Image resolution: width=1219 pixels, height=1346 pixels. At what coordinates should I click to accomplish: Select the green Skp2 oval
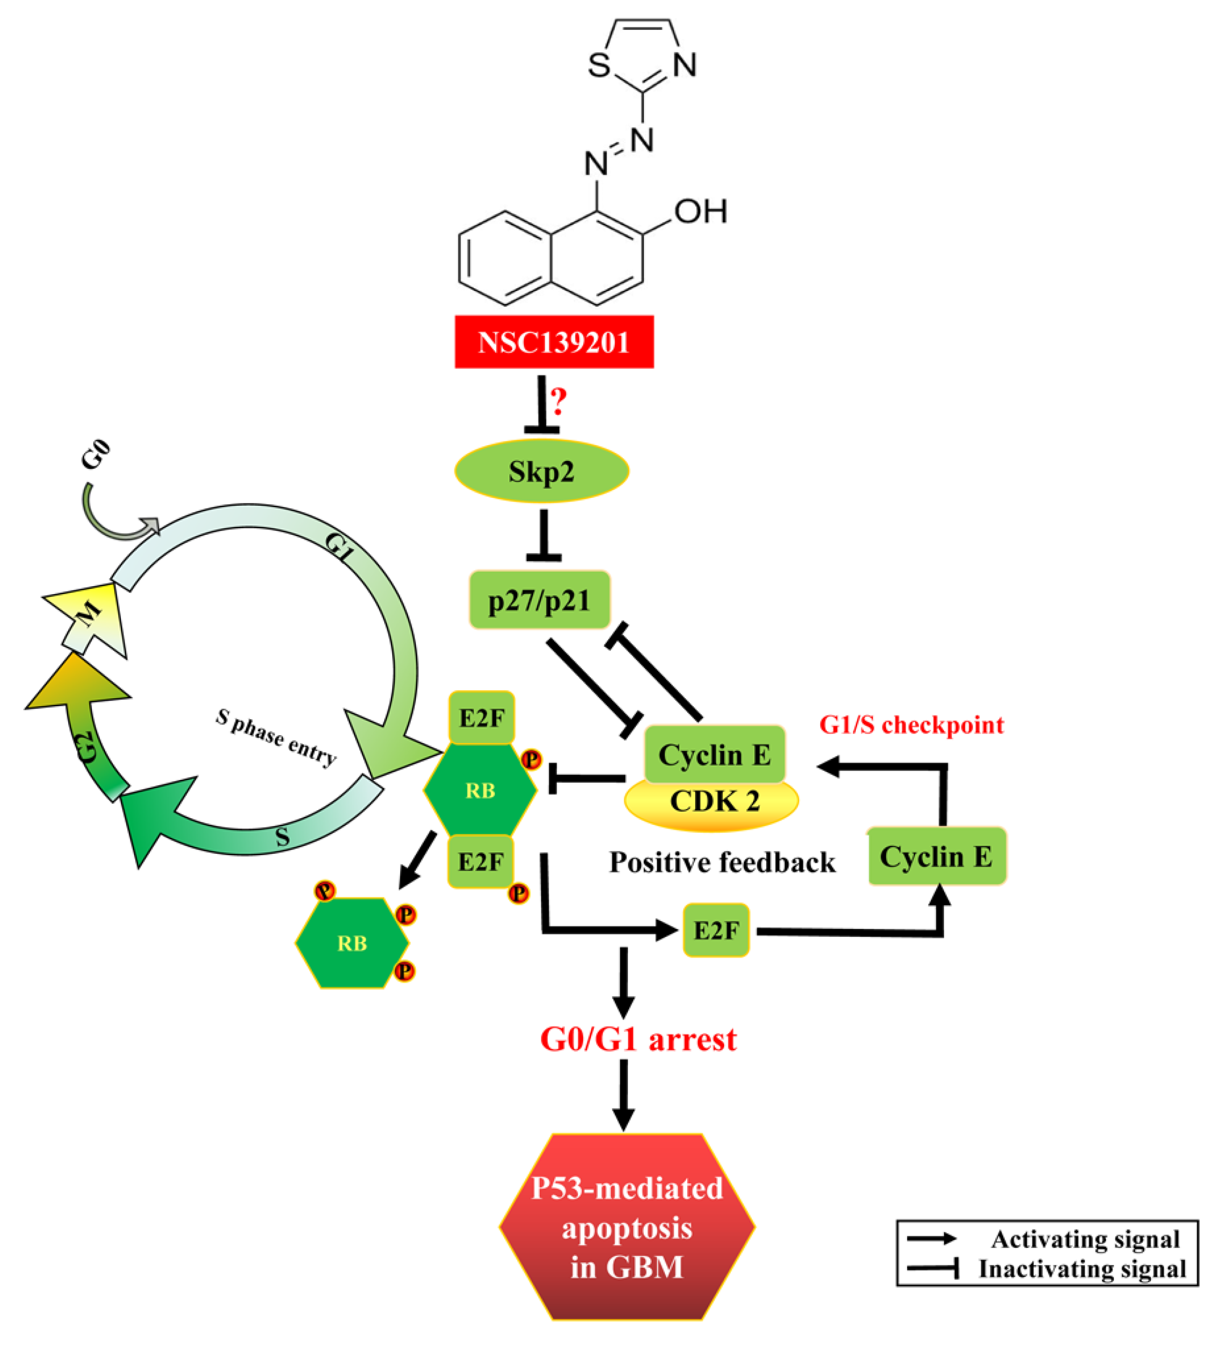coord(542,471)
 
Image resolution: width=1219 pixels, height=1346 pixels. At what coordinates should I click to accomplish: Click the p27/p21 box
coord(539,600)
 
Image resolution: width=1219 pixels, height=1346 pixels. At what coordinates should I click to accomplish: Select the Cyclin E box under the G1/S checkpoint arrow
coord(936,857)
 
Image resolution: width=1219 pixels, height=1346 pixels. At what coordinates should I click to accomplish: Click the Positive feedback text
coord(722,863)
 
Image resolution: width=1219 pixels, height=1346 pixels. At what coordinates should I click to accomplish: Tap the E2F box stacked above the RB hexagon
coord(481,718)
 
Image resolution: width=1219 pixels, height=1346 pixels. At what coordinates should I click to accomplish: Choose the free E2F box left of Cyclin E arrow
coord(716,930)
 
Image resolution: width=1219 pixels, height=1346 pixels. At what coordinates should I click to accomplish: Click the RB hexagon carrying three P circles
coord(352,943)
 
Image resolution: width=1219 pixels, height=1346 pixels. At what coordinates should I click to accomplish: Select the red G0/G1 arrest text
coord(638,1040)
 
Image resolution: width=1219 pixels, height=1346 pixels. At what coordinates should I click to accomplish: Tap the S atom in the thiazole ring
coord(599,65)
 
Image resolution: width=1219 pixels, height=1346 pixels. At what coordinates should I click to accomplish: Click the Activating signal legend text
coord(1085,1239)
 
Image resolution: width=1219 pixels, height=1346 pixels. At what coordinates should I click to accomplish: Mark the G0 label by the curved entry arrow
coord(95,455)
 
